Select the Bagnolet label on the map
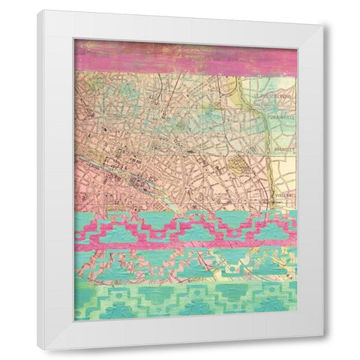point(282,149)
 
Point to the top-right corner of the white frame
point(325,25)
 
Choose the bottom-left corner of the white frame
point(40,350)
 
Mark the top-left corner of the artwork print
point(75,40)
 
